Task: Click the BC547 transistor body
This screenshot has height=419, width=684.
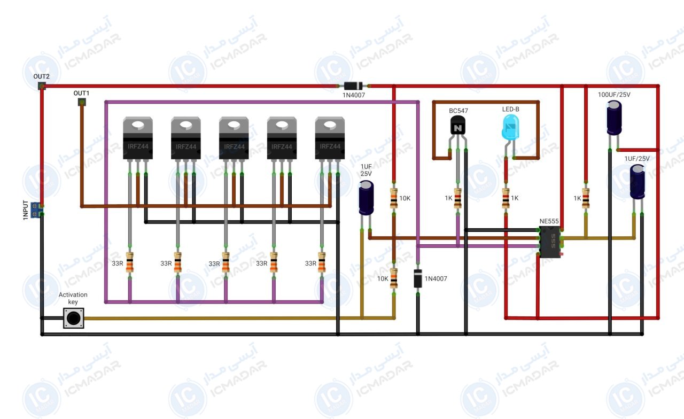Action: point(458,125)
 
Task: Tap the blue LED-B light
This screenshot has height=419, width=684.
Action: point(510,128)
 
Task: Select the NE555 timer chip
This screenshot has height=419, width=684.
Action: point(550,242)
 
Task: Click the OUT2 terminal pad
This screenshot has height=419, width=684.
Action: point(42,86)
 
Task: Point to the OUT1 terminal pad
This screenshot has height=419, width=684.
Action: point(82,102)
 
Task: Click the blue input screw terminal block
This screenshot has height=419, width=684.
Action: point(36,210)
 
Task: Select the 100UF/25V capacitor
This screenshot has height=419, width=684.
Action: point(614,118)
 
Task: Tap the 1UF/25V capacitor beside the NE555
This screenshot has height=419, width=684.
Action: point(638,182)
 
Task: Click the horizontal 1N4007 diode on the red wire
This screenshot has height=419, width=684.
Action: point(353,86)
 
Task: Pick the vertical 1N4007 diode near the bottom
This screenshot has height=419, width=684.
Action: point(418,278)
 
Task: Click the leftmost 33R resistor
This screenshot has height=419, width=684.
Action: point(130,262)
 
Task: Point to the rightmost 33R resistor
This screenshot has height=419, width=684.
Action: point(322,262)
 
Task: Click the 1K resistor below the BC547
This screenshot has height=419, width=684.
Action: point(458,198)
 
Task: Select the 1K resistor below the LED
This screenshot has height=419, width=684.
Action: point(506,198)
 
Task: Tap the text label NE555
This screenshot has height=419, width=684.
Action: point(549,221)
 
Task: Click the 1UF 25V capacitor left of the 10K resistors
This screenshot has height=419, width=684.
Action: point(366,198)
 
